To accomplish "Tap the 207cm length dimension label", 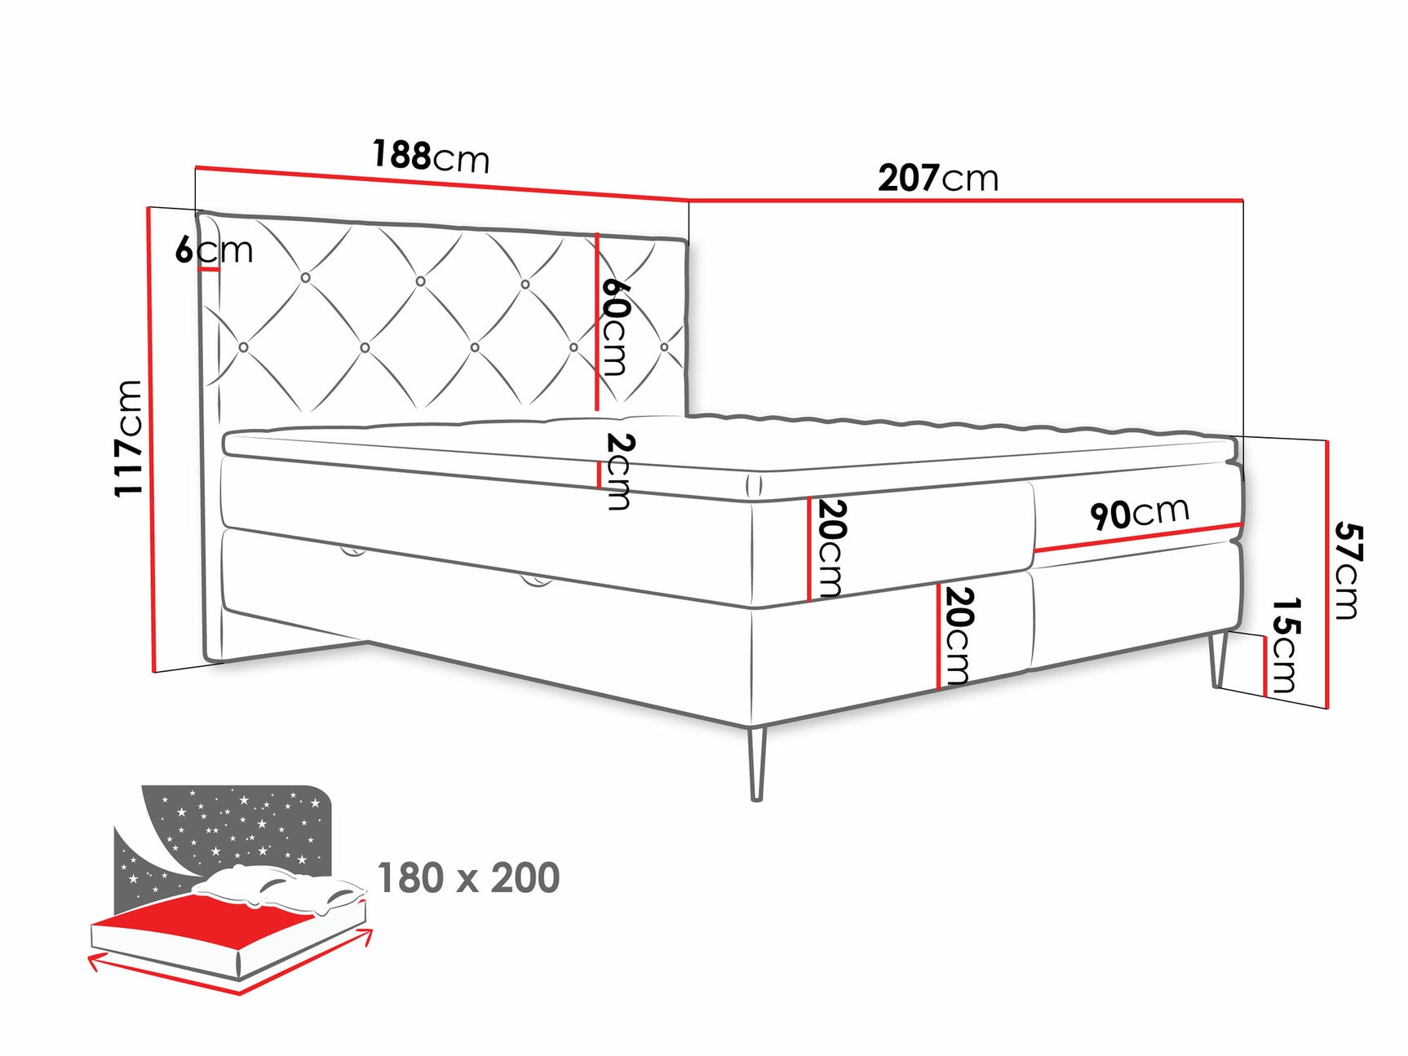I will coord(937,178).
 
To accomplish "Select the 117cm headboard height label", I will coord(129,438).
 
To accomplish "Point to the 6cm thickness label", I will coord(214,250).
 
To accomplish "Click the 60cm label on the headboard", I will coord(616,327).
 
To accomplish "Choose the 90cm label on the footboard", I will coord(1139,513).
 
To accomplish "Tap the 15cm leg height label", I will coord(1286,645).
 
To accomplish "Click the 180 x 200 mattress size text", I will coord(468,878).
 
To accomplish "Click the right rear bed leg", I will coord(1220,659).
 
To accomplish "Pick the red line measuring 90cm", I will coord(1138,537).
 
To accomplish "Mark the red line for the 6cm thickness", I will coord(209,269).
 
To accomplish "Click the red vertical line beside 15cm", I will coord(1265,665).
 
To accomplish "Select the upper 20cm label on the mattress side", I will coord(831,548).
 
